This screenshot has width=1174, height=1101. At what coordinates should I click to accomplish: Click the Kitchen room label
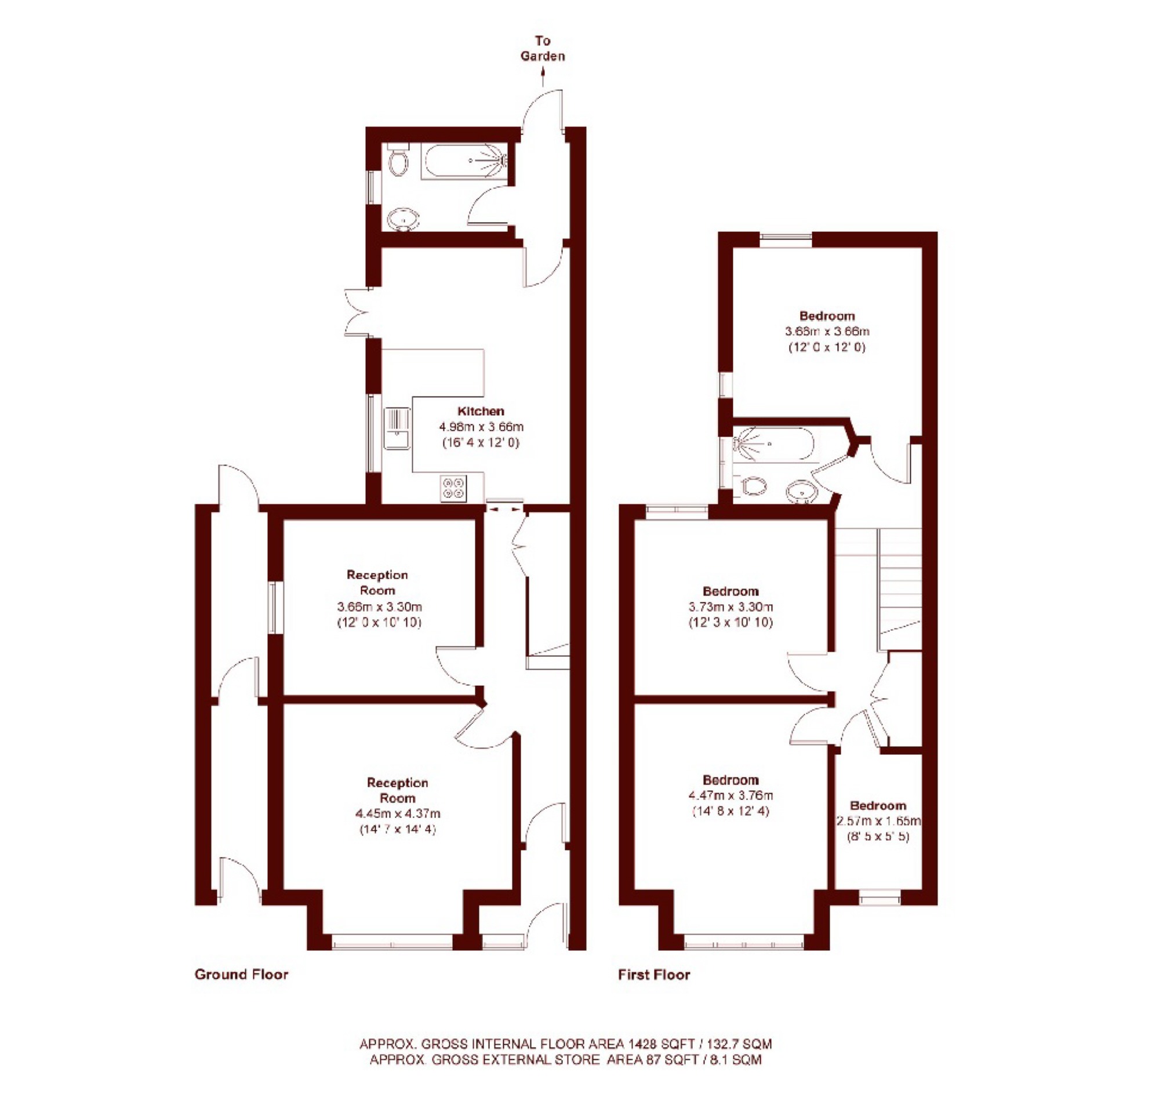481,411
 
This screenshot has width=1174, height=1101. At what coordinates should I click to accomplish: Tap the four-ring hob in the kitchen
453,489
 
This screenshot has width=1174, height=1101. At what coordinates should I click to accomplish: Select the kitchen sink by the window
397,428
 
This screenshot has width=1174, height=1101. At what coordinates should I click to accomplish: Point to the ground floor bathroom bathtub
464,161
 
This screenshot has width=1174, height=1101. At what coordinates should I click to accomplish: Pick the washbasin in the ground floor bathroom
404,220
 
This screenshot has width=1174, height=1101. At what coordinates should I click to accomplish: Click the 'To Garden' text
543,49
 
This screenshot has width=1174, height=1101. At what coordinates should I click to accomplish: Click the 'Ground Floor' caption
242,975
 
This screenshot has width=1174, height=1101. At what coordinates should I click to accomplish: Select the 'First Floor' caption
655,975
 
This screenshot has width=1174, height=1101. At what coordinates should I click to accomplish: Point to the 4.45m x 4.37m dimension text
398,813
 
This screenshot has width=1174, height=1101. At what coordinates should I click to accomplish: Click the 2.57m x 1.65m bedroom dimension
879,821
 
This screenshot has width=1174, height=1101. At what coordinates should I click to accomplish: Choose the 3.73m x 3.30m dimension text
730,606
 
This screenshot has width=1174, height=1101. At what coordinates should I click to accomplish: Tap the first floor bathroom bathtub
773,444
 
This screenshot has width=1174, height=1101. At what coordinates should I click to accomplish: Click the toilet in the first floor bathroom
752,486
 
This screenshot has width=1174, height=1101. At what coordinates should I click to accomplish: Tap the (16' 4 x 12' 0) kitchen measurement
481,442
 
